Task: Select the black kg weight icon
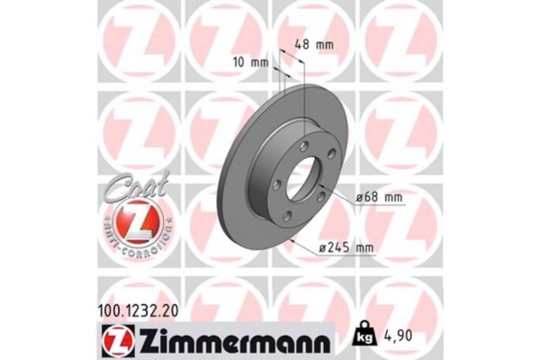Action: click(x=366, y=339)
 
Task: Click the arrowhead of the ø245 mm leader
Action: click(x=293, y=238)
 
